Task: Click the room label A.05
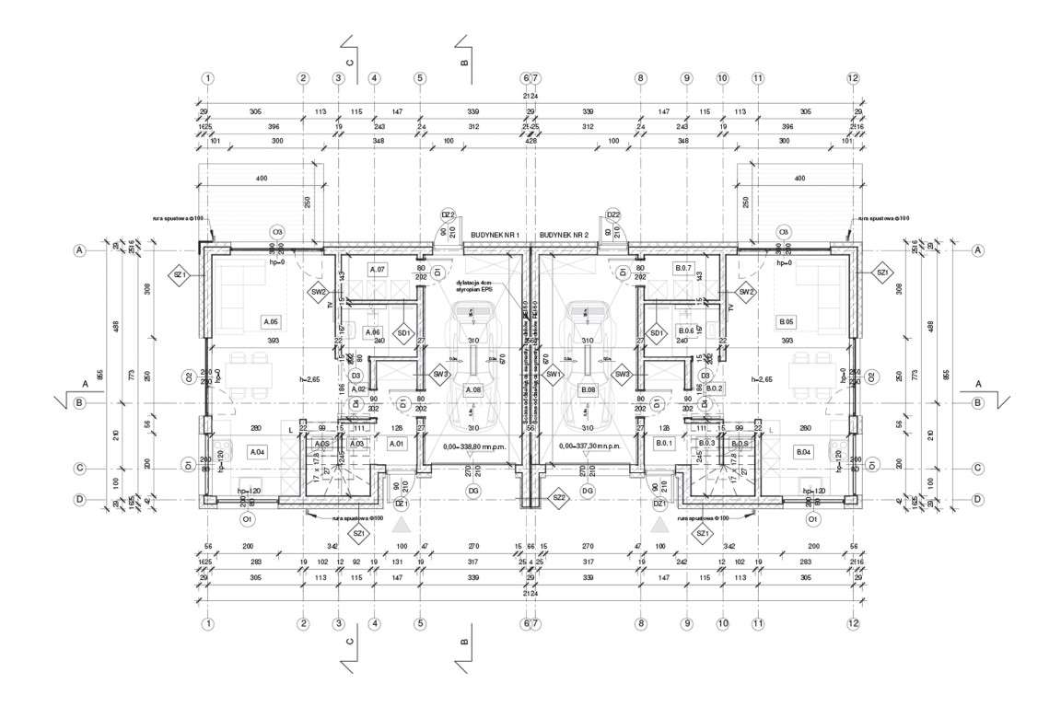coord(271,322)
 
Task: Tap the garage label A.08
coord(473,390)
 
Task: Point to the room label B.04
coord(803,451)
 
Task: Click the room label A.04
coord(257,451)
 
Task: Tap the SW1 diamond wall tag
coord(554,375)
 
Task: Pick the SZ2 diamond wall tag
coord(557,498)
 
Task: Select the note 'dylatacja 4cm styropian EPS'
coord(474,285)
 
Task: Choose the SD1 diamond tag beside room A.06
coord(402,332)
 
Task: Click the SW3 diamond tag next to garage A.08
coord(440,375)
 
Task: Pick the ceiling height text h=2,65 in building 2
coord(763,379)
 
